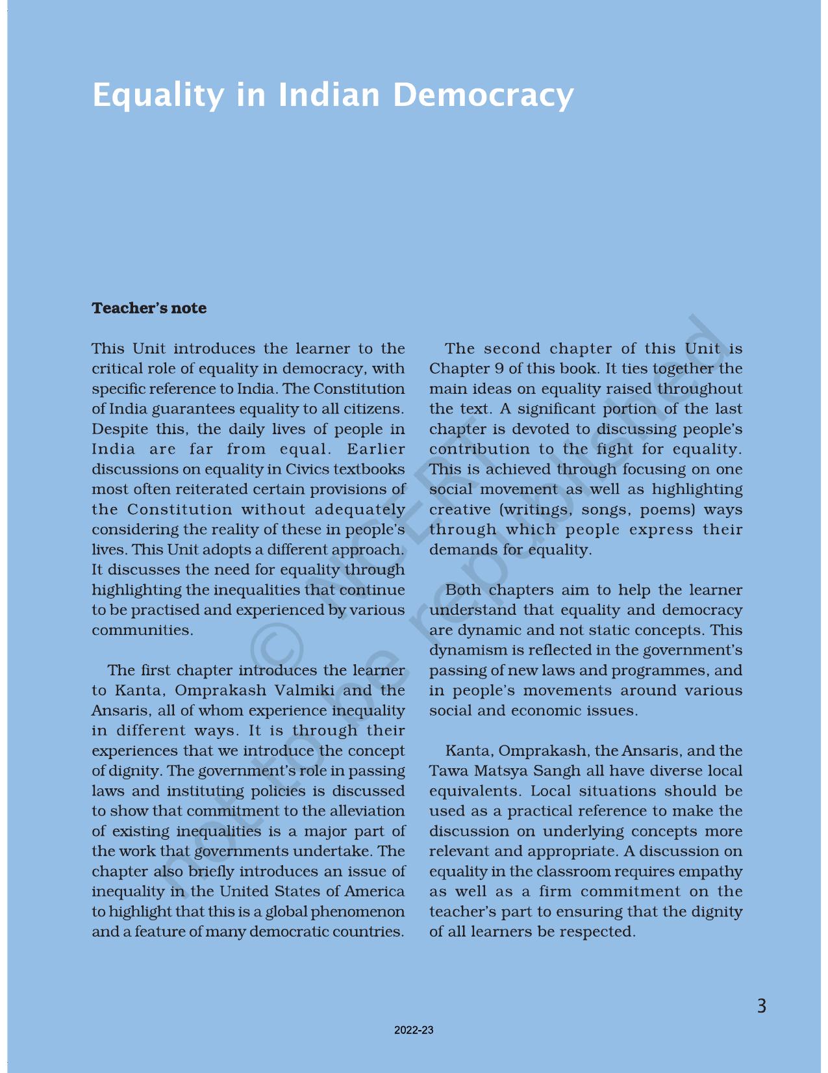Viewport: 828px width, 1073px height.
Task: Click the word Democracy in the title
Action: tap(483, 95)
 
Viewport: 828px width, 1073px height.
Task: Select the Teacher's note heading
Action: tap(149, 308)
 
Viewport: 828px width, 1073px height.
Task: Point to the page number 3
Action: tap(762, 1006)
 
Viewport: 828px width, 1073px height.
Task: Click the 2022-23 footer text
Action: tap(414, 1030)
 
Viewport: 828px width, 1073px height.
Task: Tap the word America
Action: tap(374, 891)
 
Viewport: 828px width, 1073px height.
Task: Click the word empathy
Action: tap(711, 871)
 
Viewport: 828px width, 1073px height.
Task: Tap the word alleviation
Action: tap(368, 810)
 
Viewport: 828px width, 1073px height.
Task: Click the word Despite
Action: tap(119, 429)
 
